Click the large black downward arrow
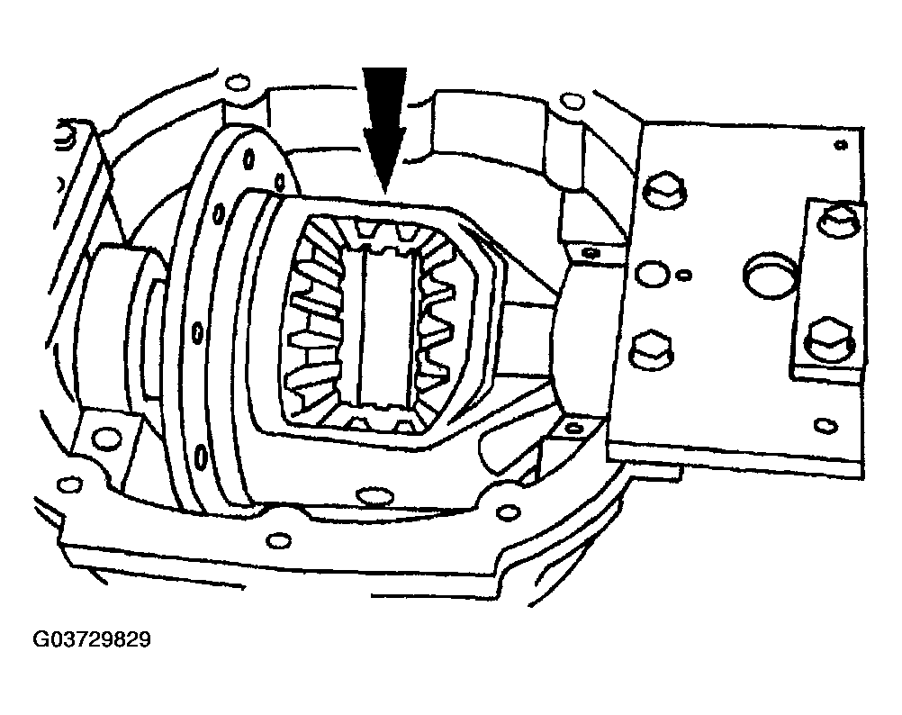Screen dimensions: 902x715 pos(384,127)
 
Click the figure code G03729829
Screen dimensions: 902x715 pos(92,639)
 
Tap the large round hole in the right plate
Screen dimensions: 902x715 pos(771,276)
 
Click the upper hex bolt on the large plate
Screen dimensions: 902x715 pos(665,190)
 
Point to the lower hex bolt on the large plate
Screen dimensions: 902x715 pos(653,349)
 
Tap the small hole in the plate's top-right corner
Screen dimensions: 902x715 pos(841,145)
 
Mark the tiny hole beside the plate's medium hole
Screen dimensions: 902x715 pos(684,276)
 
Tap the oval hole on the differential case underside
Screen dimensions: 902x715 pos(374,495)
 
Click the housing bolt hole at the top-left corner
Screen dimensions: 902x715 pos(238,83)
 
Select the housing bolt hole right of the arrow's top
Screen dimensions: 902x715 pos(572,101)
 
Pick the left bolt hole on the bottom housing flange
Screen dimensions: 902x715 pos(279,540)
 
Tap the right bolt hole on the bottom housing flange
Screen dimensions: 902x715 pos(508,511)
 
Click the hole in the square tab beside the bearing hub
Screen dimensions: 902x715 pos(107,438)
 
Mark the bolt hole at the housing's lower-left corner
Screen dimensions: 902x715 pos(70,484)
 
